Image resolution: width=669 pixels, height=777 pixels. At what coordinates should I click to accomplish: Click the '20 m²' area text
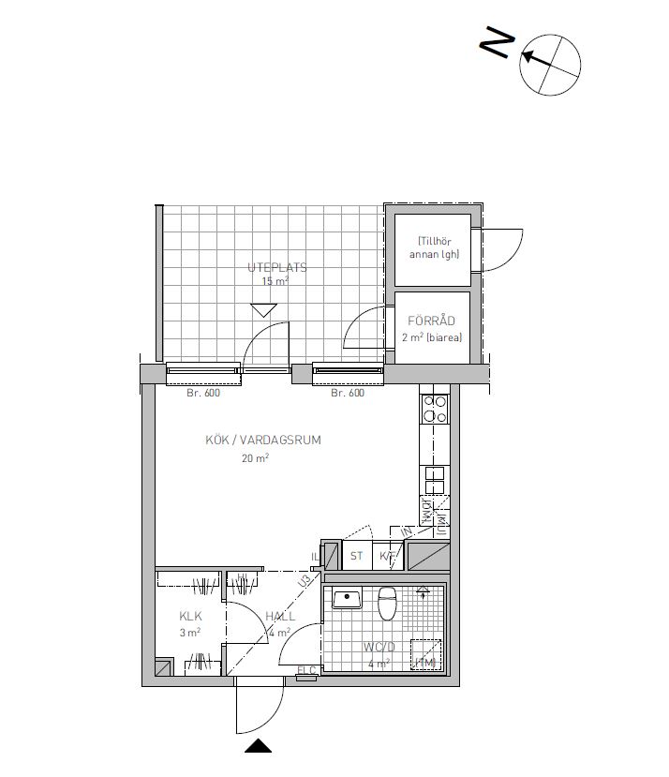click(x=255, y=458)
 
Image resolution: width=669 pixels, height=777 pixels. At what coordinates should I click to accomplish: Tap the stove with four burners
click(x=436, y=408)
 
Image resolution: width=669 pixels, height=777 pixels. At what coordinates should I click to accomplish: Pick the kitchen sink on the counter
click(x=436, y=480)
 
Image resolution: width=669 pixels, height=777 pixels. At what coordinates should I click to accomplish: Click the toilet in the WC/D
click(x=387, y=602)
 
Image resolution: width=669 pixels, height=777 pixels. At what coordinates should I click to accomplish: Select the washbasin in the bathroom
click(x=348, y=598)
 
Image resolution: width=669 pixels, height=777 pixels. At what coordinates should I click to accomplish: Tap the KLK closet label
click(x=191, y=616)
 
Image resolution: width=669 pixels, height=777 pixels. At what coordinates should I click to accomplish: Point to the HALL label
click(x=280, y=616)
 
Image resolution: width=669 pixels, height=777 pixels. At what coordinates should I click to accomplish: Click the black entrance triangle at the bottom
click(x=258, y=747)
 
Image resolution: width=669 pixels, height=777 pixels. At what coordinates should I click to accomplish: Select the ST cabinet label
click(x=357, y=556)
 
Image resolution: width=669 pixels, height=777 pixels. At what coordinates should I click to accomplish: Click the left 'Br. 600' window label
click(x=202, y=394)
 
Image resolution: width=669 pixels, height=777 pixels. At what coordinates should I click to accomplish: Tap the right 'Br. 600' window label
click(x=347, y=394)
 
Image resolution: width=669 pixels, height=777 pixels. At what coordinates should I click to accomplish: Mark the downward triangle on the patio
click(x=264, y=310)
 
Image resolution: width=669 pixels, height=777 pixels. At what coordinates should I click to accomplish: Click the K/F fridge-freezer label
click(x=387, y=556)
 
